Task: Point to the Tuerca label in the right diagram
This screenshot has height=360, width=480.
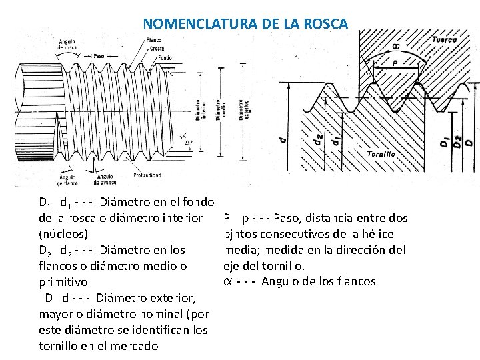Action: click(x=445, y=40)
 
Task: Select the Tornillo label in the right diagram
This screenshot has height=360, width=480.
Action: click(x=381, y=153)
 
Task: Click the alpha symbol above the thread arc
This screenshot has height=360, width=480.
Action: click(x=396, y=46)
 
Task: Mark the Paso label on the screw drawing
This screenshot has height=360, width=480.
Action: click(x=99, y=55)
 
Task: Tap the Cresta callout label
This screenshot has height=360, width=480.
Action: click(x=156, y=49)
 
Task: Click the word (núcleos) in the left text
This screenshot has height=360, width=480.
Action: click(x=62, y=234)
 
